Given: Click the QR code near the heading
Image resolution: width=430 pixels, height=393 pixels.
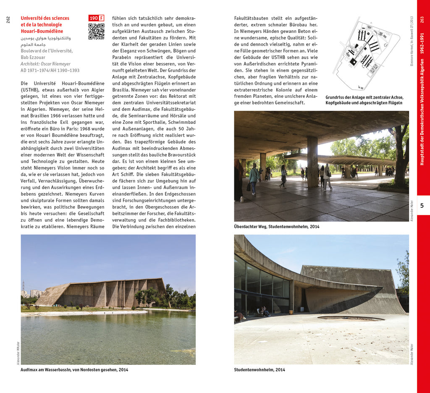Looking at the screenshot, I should (96, 31).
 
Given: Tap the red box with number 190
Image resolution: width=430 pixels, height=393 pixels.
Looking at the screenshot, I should (94, 18).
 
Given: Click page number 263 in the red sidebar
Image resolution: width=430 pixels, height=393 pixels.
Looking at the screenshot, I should (422, 20).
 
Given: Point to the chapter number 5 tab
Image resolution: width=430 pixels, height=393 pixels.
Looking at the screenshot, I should (422, 205).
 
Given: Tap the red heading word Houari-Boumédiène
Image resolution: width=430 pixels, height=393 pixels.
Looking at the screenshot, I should (42, 31).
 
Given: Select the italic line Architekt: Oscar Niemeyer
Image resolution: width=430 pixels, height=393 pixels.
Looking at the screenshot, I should (45, 64).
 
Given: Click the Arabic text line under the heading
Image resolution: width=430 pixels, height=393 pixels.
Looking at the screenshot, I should (46, 38).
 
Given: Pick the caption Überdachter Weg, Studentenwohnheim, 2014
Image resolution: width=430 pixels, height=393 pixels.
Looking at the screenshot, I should (277, 227).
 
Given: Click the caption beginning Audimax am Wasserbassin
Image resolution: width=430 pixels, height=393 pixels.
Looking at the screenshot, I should (74, 370).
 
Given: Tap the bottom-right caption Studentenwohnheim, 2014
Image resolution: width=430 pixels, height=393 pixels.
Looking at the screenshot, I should (260, 370).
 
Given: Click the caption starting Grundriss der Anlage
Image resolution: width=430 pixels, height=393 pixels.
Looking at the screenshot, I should (364, 100).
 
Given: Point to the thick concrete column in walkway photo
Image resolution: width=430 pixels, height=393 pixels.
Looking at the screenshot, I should (312, 162).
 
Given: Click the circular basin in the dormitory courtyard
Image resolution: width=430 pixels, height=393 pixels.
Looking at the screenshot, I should (351, 318).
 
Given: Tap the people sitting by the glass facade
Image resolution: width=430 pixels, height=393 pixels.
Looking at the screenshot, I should (265, 312).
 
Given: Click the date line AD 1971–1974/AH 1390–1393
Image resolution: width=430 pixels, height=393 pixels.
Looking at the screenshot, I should (50, 71).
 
